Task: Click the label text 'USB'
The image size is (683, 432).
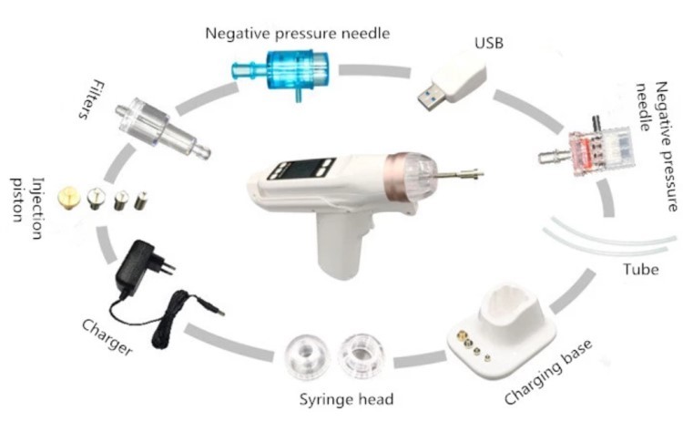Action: coord(488,42)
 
